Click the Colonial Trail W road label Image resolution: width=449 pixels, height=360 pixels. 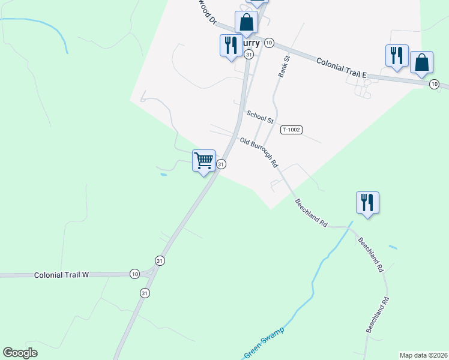(61, 275)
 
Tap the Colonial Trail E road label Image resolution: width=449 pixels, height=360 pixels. (341, 67)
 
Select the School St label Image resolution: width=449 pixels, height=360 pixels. (260, 117)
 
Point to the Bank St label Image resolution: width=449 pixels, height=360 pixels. (283, 67)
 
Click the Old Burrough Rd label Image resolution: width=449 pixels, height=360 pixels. (259, 152)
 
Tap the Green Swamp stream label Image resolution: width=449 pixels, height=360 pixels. (264, 342)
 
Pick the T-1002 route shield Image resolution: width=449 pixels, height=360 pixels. (291, 130)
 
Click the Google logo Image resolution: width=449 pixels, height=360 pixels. (20, 353)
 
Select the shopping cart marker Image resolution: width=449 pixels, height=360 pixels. (204, 161)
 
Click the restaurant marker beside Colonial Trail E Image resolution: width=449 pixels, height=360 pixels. (397, 56)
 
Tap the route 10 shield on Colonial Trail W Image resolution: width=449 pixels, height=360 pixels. (134, 274)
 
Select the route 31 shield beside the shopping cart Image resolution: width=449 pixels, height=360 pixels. (221, 164)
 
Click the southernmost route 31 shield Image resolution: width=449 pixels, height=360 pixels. (145, 293)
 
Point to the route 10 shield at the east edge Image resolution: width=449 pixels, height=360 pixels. (434, 85)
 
